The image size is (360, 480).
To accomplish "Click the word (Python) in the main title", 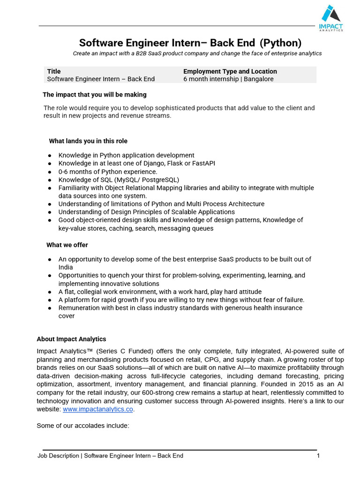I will tap(280, 43).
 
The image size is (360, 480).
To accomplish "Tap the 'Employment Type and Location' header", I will tap(230, 71).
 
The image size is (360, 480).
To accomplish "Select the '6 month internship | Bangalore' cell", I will tap(228, 79).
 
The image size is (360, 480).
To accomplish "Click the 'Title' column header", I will tap(54, 71).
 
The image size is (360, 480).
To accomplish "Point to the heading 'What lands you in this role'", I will tap(88, 141).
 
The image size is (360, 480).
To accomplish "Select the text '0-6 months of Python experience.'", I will tap(108, 172).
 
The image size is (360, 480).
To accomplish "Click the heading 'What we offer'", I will tap(67, 245).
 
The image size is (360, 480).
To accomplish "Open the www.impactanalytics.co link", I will tap(98, 409).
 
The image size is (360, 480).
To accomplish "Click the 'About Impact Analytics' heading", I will tap(71, 339).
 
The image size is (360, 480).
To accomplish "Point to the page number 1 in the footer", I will tap(318, 456).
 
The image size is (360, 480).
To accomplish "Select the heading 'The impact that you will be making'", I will tap(95, 95).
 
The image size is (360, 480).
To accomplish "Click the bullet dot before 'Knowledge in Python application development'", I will tap(50, 156).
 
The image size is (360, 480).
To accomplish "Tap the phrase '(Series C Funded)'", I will tap(121, 351).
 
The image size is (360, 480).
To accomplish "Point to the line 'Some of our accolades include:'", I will tap(82, 426).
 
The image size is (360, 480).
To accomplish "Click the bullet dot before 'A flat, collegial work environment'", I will tap(50, 292).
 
